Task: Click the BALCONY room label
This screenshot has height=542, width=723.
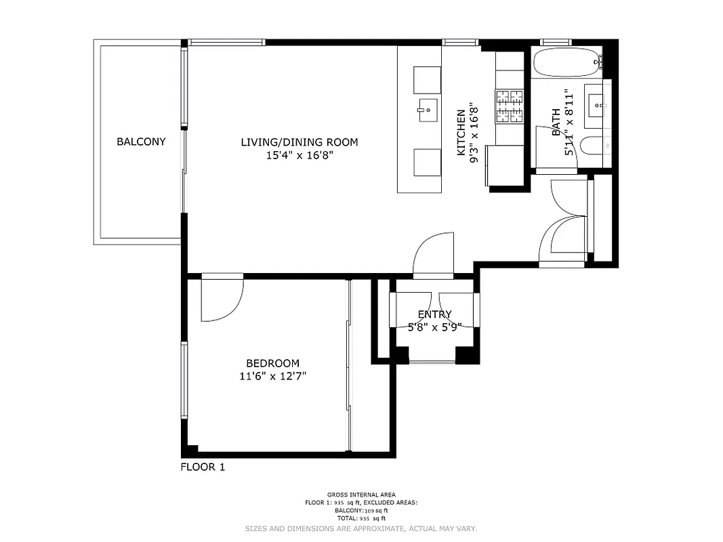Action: [x=141, y=142]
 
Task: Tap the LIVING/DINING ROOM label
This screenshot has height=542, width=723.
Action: [x=299, y=142]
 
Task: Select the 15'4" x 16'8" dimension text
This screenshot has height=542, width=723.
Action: [x=299, y=155]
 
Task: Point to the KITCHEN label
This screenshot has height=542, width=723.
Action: [x=461, y=133]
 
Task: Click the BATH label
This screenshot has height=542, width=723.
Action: [x=556, y=123]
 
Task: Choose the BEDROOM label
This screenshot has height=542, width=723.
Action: [x=272, y=363]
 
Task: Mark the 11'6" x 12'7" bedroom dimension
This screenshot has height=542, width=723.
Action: [x=272, y=376]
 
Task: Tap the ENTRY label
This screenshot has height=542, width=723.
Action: [x=434, y=314]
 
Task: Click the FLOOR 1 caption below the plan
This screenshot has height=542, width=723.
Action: [x=202, y=467]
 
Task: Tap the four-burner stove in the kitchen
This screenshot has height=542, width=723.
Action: [x=510, y=106]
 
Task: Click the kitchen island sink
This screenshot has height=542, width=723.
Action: [x=428, y=109]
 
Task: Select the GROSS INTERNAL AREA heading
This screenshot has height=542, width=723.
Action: [x=361, y=495]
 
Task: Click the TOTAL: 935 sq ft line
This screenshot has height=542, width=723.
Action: [x=361, y=517]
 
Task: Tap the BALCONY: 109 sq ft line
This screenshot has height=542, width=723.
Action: [x=361, y=509]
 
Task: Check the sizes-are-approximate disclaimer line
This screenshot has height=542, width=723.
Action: [x=361, y=528]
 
